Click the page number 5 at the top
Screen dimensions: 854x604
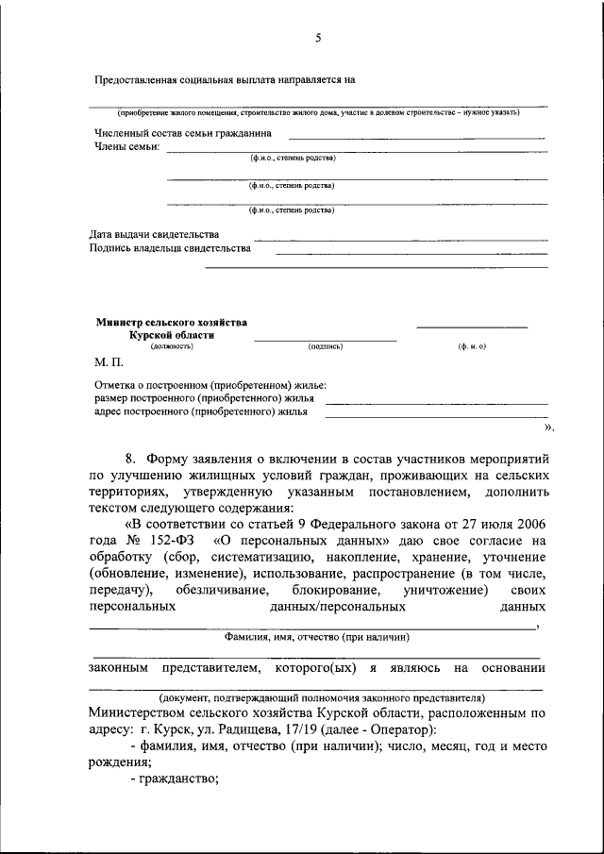point(318,38)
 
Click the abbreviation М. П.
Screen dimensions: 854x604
point(109,361)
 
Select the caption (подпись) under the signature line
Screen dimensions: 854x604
point(326,346)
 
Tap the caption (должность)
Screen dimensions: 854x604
point(172,346)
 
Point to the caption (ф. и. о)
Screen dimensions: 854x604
point(472,346)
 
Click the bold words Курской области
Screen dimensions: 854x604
point(172,335)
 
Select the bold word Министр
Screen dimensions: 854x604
point(119,322)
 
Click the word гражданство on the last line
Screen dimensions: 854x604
point(178,779)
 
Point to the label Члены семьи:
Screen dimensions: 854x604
point(126,146)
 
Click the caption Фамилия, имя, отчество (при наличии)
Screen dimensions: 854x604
point(316,638)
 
